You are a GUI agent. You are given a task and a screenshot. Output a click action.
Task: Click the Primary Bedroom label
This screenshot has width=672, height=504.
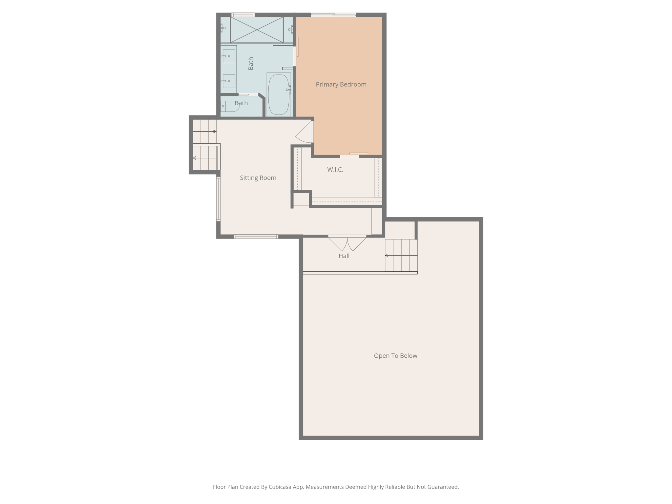coord(341,85)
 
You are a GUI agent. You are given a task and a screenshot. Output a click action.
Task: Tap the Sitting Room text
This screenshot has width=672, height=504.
coord(258,178)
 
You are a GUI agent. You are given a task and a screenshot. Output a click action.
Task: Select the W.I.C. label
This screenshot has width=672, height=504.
coord(335,170)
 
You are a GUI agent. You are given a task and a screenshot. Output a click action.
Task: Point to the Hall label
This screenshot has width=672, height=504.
coord(344,256)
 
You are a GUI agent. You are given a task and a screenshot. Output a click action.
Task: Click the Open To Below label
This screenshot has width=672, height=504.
coord(395,356)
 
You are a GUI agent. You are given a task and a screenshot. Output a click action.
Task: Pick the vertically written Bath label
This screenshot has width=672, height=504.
coord(251,64)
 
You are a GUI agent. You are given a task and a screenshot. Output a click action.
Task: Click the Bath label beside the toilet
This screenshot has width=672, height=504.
coord(241,103)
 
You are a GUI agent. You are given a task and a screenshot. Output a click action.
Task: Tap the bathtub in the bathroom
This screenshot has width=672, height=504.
coord(279,94)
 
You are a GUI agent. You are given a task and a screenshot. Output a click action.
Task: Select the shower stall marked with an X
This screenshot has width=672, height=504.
coord(257,30)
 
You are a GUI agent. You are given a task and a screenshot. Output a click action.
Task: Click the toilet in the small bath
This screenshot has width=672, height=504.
coord(230,106)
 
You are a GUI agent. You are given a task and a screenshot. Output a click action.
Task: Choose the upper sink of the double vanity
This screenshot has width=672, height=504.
coord(229,56)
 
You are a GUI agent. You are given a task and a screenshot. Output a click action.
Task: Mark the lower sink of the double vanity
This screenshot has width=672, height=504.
coord(229,81)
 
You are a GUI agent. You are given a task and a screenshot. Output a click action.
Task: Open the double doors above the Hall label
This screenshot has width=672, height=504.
coord(347,243)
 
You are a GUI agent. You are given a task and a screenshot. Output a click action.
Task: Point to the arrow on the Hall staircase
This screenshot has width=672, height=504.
coord(401,255)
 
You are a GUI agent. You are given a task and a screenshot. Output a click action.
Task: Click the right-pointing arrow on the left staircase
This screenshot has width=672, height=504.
coord(205,132)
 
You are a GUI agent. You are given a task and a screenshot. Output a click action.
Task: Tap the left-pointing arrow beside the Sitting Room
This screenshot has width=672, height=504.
coord(205,158)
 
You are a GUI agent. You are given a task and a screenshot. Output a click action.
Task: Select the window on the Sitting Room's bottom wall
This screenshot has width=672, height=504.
coord(256,237)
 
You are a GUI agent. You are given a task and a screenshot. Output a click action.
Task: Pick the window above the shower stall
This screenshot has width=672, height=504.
coord(243,15)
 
